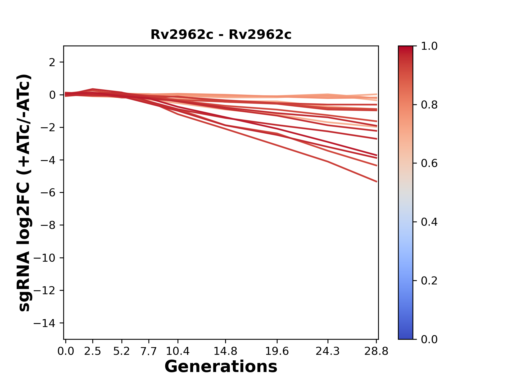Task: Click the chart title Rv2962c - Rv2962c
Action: click(x=221, y=35)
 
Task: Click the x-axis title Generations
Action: click(x=221, y=366)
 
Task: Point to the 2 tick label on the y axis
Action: click(x=52, y=62)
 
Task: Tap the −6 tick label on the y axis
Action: click(x=48, y=193)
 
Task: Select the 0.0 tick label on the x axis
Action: click(x=66, y=351)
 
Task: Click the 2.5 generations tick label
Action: click(x=93, y=351)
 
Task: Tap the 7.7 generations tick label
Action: click(x=149, y=351)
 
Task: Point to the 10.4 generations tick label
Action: click(x=178, y=351)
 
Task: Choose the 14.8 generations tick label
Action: click(x=225, y=351)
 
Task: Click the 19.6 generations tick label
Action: click(x=277, y=351)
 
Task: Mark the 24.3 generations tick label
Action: click(x=328, y=351)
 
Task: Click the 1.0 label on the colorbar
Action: click(x=429, y=46)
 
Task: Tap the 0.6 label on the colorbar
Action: click(x=429, y=163)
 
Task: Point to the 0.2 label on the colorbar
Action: click(x=429, y=280)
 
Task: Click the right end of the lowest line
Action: click(x=377, y=182)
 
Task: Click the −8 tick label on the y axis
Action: click(x=48, y=225)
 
